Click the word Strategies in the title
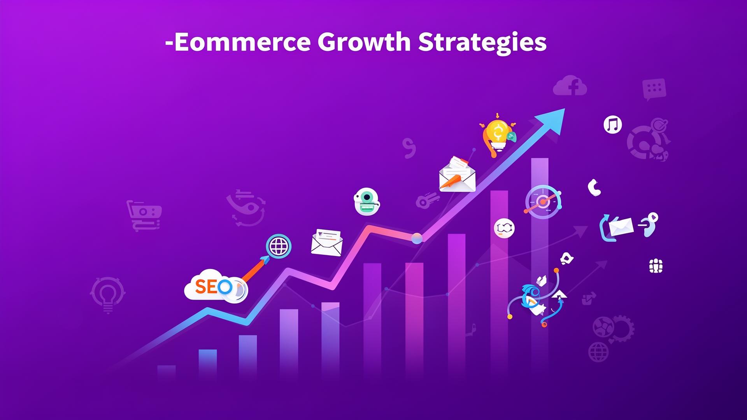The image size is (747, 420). [482, 43]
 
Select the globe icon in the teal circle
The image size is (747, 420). [279, 246]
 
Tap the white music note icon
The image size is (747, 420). [613, 125]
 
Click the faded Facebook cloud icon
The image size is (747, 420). [570, 86]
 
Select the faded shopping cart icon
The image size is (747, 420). [144, 215]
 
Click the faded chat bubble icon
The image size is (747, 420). [654, 89]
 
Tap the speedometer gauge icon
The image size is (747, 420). [543, 202]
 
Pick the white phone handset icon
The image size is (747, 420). [594, 187]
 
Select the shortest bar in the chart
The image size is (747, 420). [167, 372]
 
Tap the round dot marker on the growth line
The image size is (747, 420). [417, 238]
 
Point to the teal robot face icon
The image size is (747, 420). [366, 201]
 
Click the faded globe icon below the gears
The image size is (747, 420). [598, 352]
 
